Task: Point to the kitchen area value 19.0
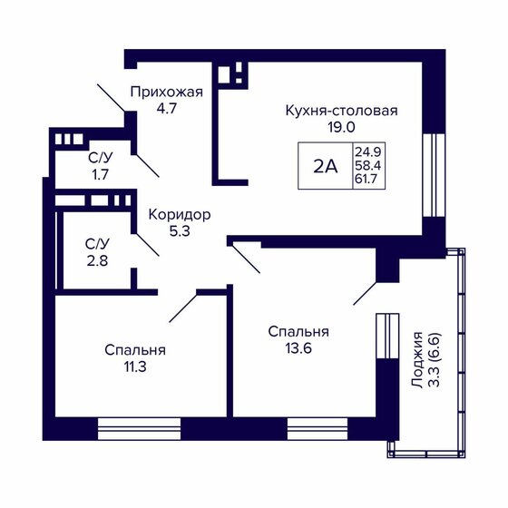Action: click(x=341, y=128)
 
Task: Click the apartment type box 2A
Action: click(x=324, y=166)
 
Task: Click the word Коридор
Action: click(x=180, y=215)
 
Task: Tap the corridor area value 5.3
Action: click(x=180, y=231)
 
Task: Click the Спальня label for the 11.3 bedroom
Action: click(x=134, y=349)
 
